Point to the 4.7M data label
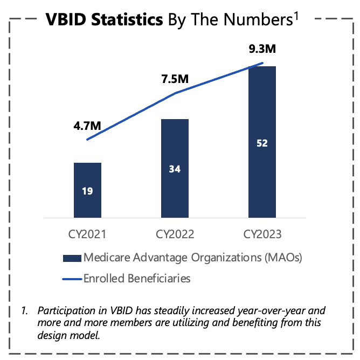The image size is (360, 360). (87, 126)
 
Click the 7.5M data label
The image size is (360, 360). (175, 79)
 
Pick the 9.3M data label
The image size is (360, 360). (262, 50)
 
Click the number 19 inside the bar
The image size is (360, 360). (87, 190)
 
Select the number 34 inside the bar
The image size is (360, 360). (175, 169)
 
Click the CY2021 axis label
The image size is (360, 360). (87, 234)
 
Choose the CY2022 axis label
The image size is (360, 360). (175, 234)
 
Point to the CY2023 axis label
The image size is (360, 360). (262, 234)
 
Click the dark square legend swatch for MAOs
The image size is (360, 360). (72, 257)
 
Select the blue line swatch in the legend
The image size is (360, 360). (72, 279)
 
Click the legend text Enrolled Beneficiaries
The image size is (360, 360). (137, 279)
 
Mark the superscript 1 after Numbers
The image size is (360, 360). (296, 16)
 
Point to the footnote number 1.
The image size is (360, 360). (24, 311)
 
